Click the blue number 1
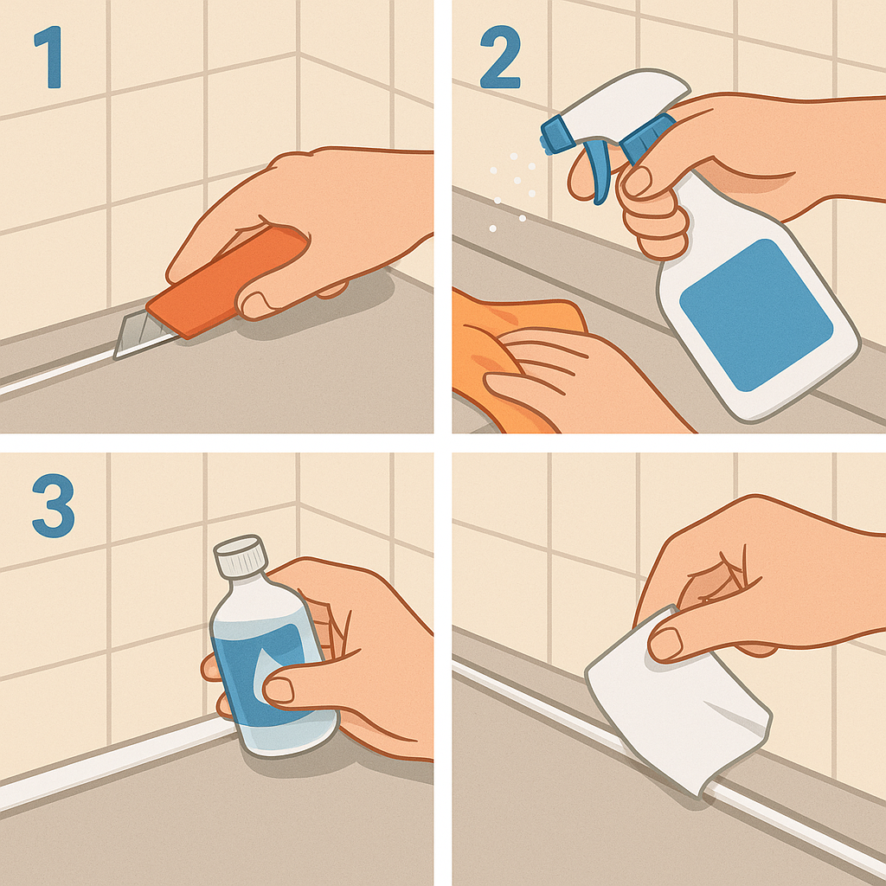(49, 57)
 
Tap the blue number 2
(500, 57)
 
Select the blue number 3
(53, 505)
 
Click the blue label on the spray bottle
(756, 315)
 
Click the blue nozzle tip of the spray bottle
(556, 134)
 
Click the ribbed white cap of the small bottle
(241, 556)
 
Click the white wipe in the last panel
(678, 701)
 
